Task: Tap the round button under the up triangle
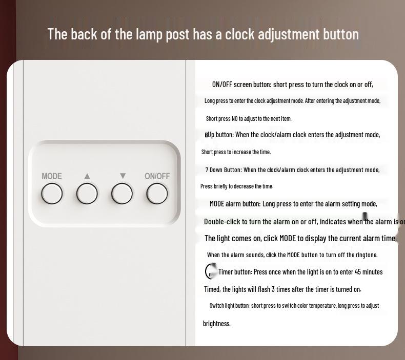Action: [87, 194]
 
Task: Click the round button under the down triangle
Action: [122, 194]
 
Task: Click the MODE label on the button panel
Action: [52, 176]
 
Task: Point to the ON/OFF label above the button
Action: [157, 176]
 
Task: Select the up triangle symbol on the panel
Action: [87, 176]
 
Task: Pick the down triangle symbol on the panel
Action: [123, 176]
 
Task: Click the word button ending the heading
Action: [340, 34]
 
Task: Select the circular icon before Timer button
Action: [211, 271]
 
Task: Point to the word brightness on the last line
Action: [217, 324]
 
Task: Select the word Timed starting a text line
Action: [212, 289]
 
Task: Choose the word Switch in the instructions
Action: [217, 306]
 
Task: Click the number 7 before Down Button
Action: [207, 170]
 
